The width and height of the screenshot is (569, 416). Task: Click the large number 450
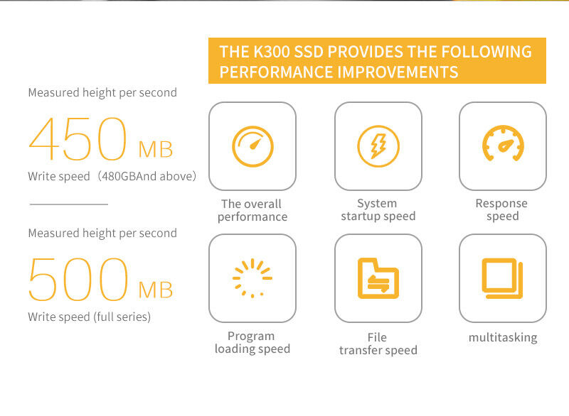[x=78, y=138]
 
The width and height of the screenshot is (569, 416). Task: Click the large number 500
[x=78, y=279]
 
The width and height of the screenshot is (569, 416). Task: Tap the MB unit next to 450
[x=156, y=149]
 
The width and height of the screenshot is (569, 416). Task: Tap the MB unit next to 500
[x=156, y=290]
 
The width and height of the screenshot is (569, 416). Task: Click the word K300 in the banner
[x=270, y=52]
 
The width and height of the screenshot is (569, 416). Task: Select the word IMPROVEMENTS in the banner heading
[x=398, y=72]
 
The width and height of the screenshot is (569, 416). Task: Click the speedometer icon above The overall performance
[x=252, y=146]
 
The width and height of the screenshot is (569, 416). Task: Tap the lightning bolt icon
[x=378, y=146]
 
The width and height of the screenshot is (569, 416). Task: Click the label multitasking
[x=503, y=337]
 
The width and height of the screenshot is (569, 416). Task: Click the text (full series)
[x=122, y=317]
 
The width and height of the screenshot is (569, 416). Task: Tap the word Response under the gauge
[x=501, y=203]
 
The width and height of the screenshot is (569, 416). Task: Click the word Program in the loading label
[x=251, y=336]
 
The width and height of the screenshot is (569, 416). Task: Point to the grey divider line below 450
[x=69, y=204]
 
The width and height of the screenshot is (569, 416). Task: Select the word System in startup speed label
[x=377, y=204]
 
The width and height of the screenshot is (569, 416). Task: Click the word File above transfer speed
[x=377, y=337]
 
